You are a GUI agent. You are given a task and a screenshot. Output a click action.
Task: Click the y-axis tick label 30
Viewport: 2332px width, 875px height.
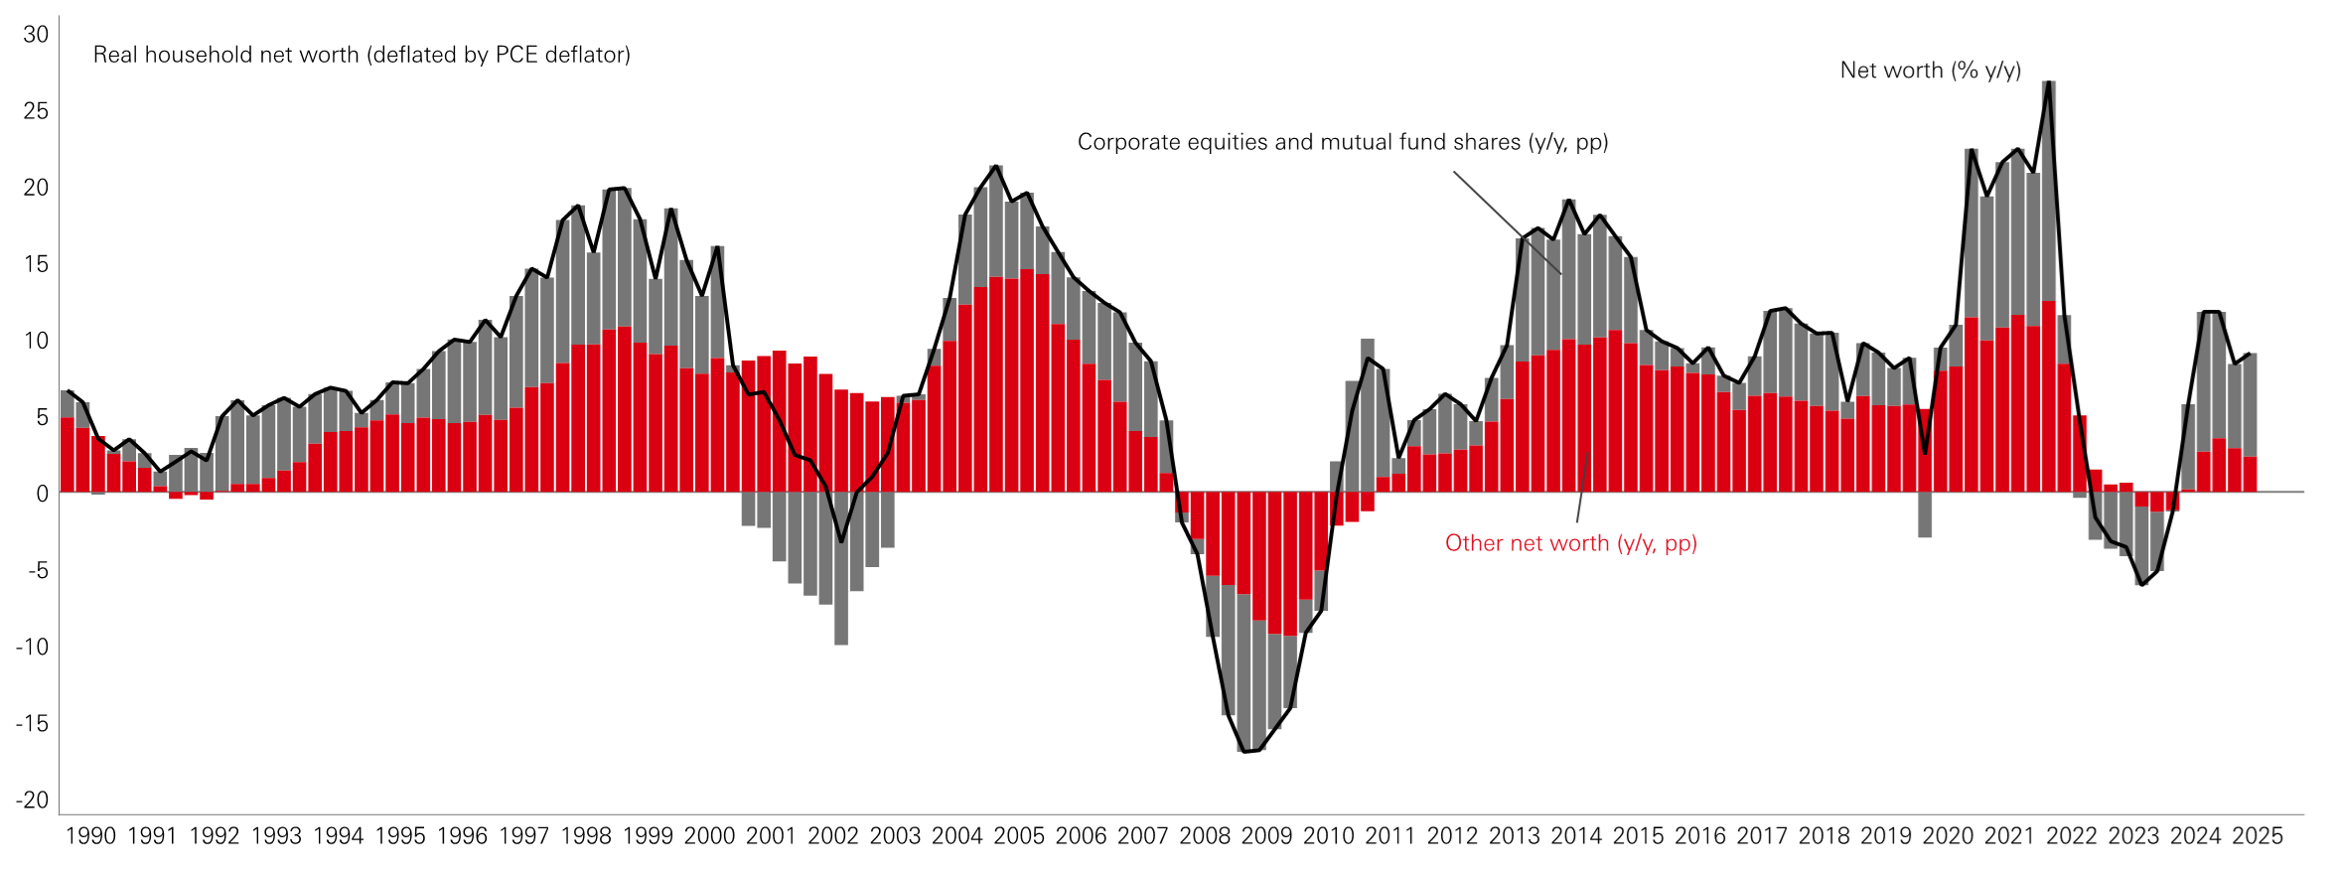tap(36, 35)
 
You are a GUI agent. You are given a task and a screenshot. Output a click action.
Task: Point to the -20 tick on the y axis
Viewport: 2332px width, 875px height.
tap(32, 800)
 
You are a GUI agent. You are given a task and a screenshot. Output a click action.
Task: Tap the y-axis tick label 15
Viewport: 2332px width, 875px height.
tap(36, 264)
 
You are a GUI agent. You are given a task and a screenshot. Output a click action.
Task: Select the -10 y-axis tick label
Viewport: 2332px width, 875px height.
tap(32, 647)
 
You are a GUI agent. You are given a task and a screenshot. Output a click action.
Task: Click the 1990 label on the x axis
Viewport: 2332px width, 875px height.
tap(90, 836)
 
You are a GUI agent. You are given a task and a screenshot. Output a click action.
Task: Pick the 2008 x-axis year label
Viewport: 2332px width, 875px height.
tap(1205, 836)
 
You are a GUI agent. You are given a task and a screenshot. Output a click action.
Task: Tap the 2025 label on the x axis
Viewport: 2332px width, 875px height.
tap(2258, 836)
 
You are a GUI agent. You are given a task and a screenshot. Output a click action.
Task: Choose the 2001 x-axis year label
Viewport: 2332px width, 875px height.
tap(772, 836)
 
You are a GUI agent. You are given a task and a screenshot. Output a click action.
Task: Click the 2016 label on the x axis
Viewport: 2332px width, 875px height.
tap(1700, 836)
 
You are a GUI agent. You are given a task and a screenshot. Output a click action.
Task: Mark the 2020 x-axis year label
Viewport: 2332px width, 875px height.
tap(1948, 836)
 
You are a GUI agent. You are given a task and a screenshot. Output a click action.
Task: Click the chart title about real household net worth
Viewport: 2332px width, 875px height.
tap(362, 55)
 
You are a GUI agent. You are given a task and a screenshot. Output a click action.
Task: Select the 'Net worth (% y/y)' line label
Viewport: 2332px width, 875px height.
tap(1930, 71)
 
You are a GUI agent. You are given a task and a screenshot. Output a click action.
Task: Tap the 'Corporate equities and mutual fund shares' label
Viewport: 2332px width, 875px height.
tap(1343, 142)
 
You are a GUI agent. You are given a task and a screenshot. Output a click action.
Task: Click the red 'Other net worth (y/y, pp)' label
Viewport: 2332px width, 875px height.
tap(1570, 543)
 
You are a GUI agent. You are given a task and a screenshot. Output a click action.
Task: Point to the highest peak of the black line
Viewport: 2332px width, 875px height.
tap(2048, 82)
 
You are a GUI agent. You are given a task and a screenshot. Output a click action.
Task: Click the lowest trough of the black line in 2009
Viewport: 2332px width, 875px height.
tap(1245, 752)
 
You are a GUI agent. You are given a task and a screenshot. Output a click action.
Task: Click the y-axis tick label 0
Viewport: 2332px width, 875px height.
tap(42, 494)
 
